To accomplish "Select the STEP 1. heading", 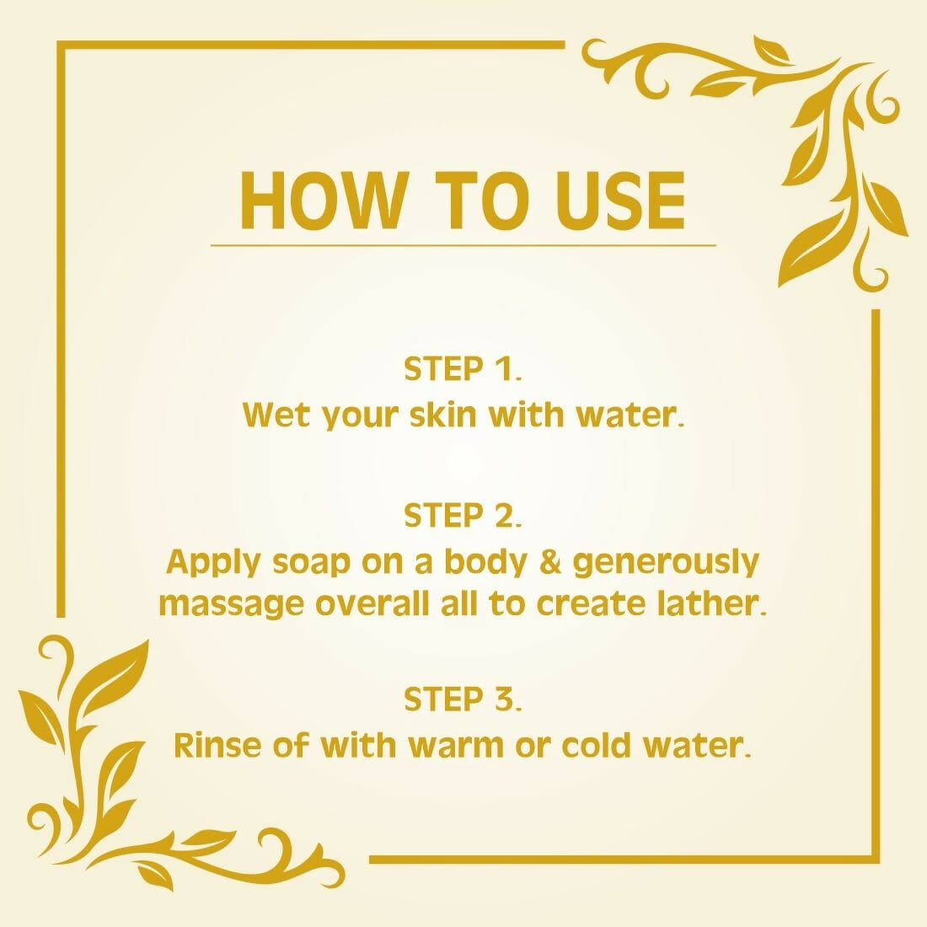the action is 463,369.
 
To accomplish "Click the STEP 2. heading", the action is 463,516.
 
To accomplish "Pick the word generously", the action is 666,563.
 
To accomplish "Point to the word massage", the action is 232,605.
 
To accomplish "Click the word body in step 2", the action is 485,563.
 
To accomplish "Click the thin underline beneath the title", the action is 463,244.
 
